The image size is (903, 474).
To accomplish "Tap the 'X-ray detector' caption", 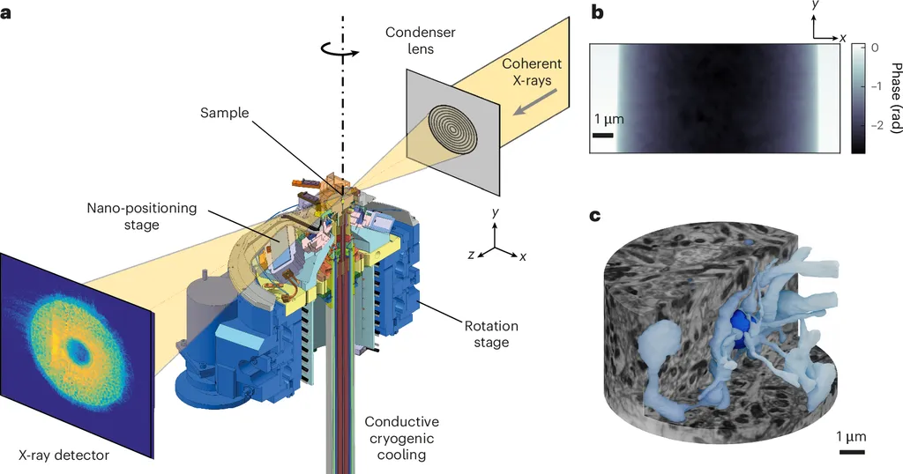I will click(64, 455).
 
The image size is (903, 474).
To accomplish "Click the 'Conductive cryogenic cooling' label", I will click(401, 438).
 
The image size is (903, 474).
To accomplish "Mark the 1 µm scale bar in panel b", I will click(603, 135).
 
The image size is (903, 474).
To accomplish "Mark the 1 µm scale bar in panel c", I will click(851, 452).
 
